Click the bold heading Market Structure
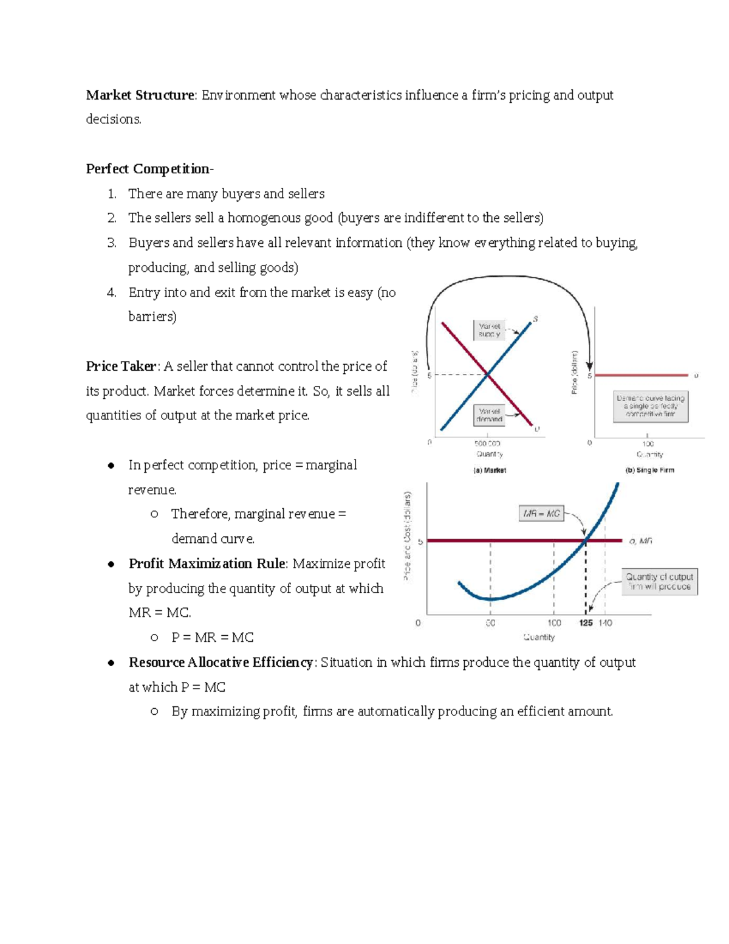click(140, 95)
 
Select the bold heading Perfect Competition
click(149, 169)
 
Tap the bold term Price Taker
click(121, 367)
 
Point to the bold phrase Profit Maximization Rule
click(207, 564)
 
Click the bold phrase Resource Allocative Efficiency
click(221, 663)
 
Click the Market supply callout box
click(489, 330)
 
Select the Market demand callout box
click(489, 415)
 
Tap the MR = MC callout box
click(541, 514)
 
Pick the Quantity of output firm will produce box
click(659, 582)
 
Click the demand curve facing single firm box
click(651, 406)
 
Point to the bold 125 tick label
click(586, 623)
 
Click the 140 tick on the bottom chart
click(606, 623)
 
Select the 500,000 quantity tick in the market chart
click(487, 444)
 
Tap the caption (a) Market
click(490, 470)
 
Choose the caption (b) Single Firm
click(649, 470)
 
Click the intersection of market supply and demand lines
click(487, 375)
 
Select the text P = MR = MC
click(212, 638)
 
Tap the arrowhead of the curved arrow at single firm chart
click(589, 366)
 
